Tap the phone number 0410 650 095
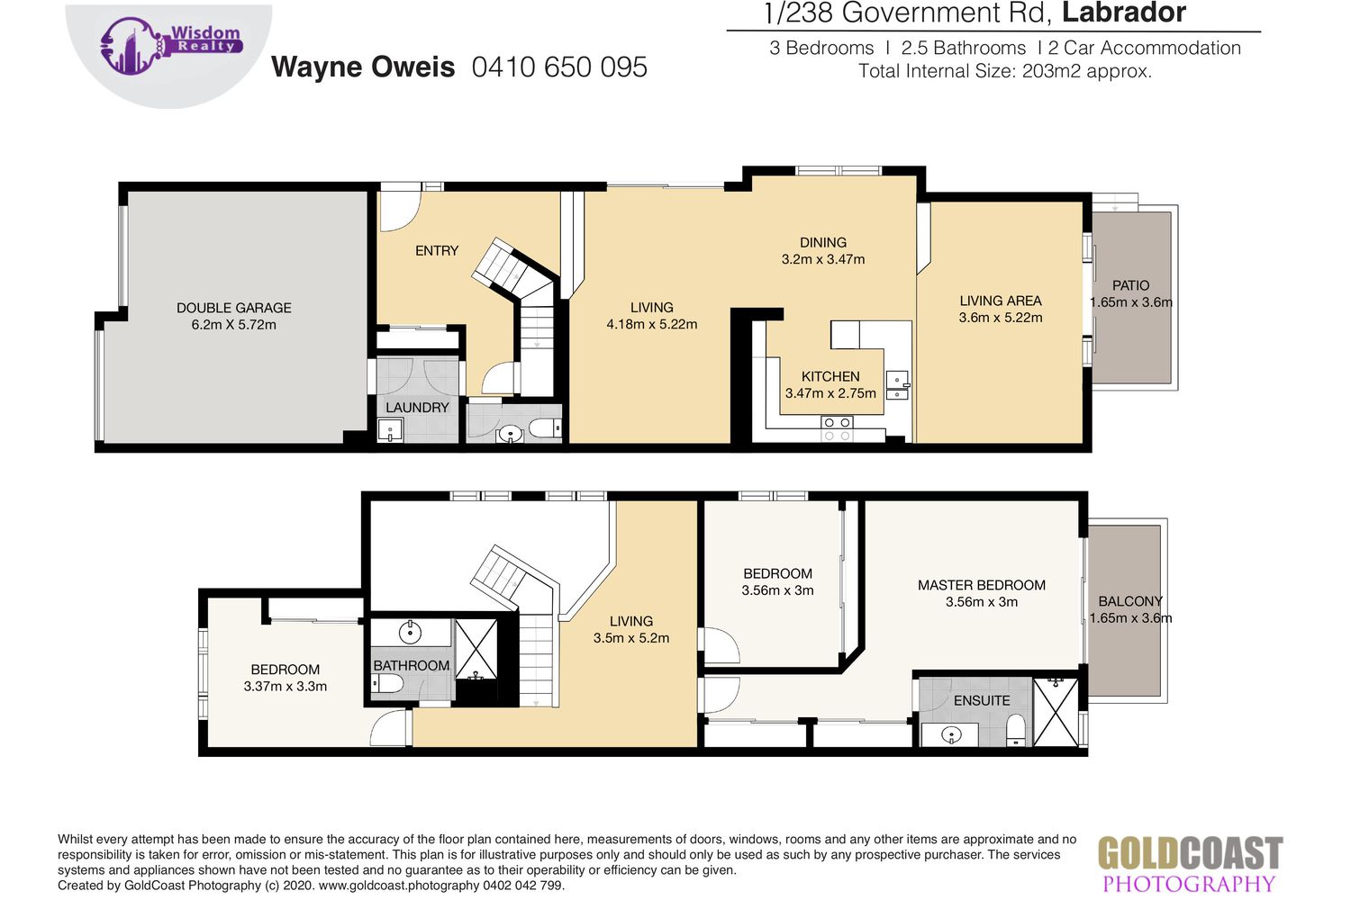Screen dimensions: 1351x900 [559, 67]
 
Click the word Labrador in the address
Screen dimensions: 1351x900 [1124, 13]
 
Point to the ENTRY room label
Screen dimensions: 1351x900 [437, 251]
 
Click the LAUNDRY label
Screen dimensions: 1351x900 [417, 408]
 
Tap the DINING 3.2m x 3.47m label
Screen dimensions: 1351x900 [822, 251]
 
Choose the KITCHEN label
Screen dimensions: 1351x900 [830, 377]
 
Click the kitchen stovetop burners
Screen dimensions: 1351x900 [837, 429]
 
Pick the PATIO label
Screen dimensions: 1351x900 [1131, 285]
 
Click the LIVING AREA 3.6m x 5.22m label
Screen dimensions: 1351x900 [1001, 310]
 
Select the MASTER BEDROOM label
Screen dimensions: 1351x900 [982, 585]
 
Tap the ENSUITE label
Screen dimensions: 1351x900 [982, 701]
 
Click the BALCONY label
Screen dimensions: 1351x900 [1130, 601]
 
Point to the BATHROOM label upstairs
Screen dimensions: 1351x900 [412, 665]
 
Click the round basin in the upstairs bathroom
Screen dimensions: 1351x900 [411, 633]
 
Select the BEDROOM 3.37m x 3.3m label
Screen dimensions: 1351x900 [286, 679]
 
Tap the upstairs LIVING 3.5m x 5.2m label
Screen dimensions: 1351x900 [630, 630]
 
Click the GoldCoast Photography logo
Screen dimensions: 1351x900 [1190, 864]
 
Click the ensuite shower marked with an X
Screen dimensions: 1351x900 [1056, 713]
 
